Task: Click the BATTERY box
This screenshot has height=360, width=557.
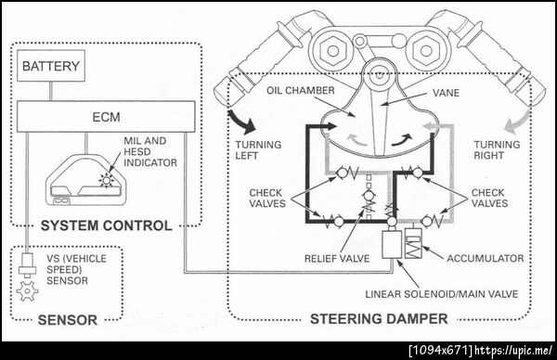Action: coord(51,66)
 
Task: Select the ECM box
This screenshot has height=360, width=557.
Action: coord(106,117)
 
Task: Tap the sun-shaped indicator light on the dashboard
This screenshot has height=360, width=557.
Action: coord(106,180)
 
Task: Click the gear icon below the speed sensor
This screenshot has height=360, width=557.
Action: coord(27,291)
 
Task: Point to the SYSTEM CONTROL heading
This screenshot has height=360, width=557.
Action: coord(106,225)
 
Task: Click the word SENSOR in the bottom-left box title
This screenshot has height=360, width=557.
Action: coord(68,320)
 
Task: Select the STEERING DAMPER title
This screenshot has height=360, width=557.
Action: coord(379,319)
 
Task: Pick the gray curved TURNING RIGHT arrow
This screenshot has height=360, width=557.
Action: coord(517,122)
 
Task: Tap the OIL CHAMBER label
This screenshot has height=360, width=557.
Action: coord(301,91)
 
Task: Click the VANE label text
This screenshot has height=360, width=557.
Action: coord(446,93)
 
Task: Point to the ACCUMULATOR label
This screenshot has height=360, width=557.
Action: coord(485,258)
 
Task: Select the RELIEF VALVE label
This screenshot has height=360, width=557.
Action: coord(337,259)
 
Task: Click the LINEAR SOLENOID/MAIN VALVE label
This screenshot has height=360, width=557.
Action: coord(442,294)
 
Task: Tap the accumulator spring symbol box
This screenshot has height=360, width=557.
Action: coord(413,243)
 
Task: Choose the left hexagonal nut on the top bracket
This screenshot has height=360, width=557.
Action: coord(332,50)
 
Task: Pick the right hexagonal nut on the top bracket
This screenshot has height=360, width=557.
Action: coord(426,50)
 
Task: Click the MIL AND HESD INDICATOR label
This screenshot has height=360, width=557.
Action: coord(149,151)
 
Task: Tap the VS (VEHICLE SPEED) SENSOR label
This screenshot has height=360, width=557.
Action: coord(76,269)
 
